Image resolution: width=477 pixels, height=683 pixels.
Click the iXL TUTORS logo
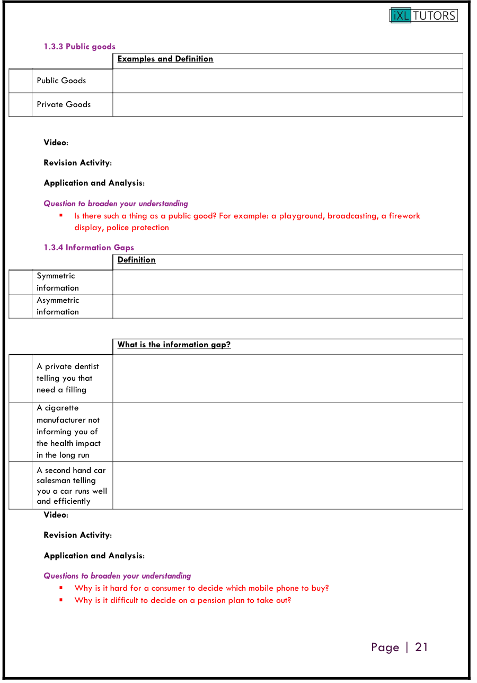point(423,15)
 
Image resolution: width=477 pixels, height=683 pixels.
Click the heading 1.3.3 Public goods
point(79,47)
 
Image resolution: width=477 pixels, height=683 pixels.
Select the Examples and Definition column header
point(165,59)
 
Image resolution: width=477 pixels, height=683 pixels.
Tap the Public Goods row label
point(61,81)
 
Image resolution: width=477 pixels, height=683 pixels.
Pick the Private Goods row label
point(64,104)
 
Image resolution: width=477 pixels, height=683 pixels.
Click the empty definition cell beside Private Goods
point(287,104)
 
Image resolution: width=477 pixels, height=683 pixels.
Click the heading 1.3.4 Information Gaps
point(89,248)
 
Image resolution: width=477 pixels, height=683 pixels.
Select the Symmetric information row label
point(58,282)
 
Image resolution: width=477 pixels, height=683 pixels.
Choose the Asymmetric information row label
point(58,306)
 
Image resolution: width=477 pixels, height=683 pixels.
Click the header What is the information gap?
point(174,345)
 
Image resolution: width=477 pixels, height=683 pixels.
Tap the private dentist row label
point(67,378)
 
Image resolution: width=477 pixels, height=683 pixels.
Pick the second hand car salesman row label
point(72,486)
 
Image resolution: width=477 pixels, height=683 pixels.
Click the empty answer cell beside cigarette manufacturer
point(287,432)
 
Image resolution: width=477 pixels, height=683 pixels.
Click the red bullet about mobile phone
point(201,588)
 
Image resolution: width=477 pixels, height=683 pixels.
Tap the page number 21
point(421,647)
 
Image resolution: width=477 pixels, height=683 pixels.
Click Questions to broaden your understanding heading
point(117,576)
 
